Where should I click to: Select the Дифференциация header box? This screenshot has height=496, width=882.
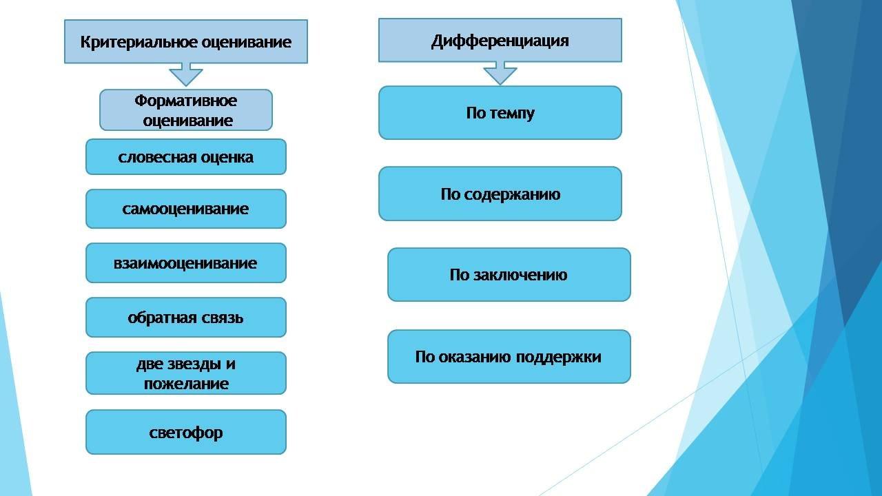(x=500, y=41)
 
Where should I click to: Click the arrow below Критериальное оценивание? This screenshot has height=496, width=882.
(x=186, y=74)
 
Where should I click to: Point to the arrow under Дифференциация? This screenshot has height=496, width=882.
(x=500, y=72)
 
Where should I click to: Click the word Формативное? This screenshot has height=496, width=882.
(x=185, y=101)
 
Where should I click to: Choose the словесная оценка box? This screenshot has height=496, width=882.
(x=185, y=157)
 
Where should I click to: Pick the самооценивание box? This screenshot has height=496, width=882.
(x=185, y=209)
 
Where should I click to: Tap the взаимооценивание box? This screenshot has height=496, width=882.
(x=185, y=263)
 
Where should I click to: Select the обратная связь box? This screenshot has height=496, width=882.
(x=185, y=318)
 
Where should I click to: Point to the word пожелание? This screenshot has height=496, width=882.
(x=186, y=383)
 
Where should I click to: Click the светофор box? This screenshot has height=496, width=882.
(x=185, y=433)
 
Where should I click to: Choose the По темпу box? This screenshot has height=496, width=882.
(x=500, y=113)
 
